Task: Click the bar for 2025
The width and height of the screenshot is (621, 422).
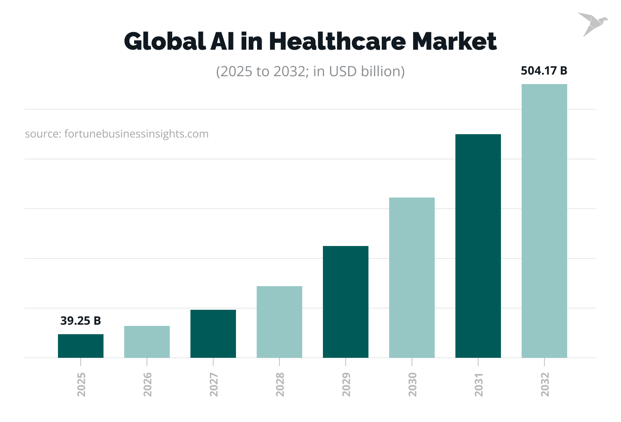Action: pos(81,346)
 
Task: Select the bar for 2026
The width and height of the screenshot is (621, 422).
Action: pos(147,342)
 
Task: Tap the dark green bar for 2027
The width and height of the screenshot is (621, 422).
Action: pos(213,334)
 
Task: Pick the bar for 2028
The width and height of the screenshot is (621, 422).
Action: pos(279,322)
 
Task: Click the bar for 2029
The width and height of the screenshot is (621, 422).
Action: pos(346,302)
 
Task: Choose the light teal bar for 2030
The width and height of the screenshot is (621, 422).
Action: pos(412,277)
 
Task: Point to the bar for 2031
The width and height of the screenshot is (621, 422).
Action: pos(478,246)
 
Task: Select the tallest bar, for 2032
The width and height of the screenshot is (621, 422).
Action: pos(544,221)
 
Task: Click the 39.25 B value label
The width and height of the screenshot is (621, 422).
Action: pos(81,321)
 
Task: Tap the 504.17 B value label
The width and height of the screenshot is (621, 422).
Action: pos(544,71)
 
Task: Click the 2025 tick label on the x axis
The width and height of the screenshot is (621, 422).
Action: pos(81,384)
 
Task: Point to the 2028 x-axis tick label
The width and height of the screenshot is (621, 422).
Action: pos(280,384)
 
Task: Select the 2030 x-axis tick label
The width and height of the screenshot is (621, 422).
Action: pos(412,384)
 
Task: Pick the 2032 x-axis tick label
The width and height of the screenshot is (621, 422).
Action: pos(545,384)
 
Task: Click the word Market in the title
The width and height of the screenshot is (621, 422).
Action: pos(454,41)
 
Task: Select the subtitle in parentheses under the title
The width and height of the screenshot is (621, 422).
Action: pos(310,71)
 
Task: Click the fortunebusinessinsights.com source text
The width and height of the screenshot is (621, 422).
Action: pos(117,134)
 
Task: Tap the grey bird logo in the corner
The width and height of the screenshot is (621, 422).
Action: pos(592,23)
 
